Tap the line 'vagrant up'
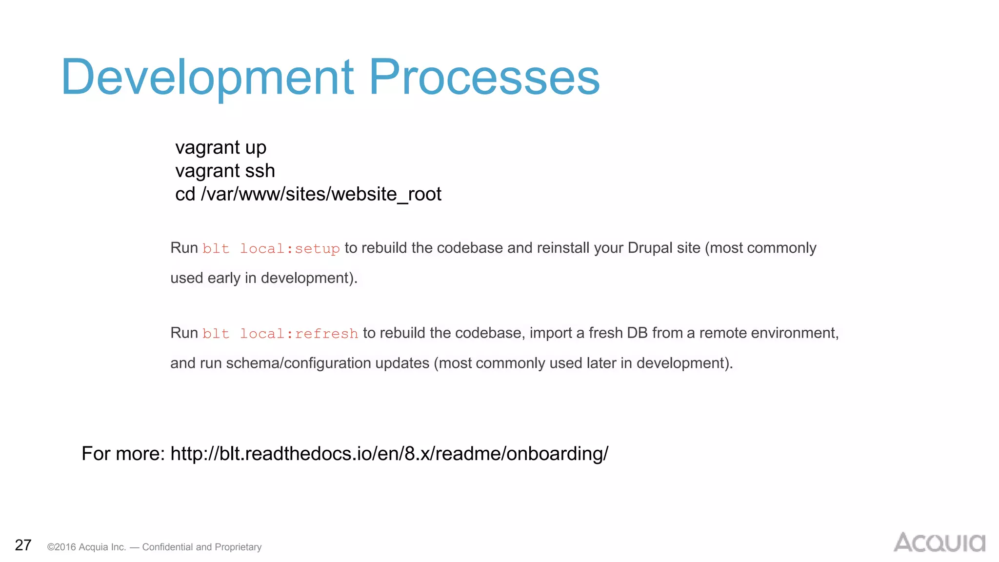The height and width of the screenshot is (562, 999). tap(220, 148)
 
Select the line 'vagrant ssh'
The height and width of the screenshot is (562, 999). tap(225, 171)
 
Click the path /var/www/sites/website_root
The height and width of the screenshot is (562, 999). tap(321, 195)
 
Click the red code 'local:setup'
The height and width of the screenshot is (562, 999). tap(290, 249)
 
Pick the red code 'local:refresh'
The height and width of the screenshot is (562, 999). tap(299, 334)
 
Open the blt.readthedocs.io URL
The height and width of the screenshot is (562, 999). tap(389, 454)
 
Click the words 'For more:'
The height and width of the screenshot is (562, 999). tap(123, 454)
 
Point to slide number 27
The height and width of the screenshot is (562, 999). tap(23, 545)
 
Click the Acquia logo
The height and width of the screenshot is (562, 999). tap(939, 542)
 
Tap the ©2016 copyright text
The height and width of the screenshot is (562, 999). tap(86, 547)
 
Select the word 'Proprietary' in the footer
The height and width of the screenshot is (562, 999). tap(238, 547)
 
